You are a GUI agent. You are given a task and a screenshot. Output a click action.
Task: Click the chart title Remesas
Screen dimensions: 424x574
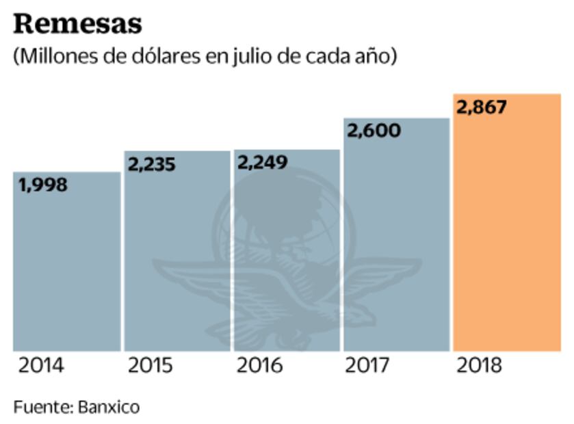(x=77, y=23)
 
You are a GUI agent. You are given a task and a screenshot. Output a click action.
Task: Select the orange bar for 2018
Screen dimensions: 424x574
(x=506, y=233)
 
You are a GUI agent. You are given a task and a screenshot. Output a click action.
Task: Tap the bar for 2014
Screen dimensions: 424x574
(x=67, y=267)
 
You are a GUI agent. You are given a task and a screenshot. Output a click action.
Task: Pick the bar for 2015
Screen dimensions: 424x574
(x=177, y=260)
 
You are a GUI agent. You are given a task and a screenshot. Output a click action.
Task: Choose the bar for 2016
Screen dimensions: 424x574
(x=287, y=260)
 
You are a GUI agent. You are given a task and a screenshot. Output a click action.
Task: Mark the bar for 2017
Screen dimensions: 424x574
(x=396, y=246)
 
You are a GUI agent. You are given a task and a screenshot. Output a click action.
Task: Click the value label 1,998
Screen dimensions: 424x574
(x=43, y=185)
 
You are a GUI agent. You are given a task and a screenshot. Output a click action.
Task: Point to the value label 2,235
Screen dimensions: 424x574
(x=152, y=164)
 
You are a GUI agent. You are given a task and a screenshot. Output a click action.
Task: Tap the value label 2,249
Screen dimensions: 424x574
(x=263, y=162)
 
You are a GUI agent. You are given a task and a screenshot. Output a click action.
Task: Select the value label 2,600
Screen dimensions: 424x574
(x=374, y=131)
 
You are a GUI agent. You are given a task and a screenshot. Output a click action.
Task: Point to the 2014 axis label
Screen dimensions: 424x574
(x=41, y=366)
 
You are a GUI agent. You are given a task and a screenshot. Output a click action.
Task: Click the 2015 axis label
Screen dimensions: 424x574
(x=151, y=366)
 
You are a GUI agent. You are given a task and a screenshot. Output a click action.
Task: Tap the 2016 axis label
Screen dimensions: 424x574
(x=259, y=366)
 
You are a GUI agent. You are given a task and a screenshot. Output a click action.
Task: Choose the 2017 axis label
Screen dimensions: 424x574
(x=369, y=366)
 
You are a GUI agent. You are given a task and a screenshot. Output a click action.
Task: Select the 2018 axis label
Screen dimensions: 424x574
(x=478, y=366)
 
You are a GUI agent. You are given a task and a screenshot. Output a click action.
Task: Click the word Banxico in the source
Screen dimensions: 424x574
(x=109, y=407)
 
